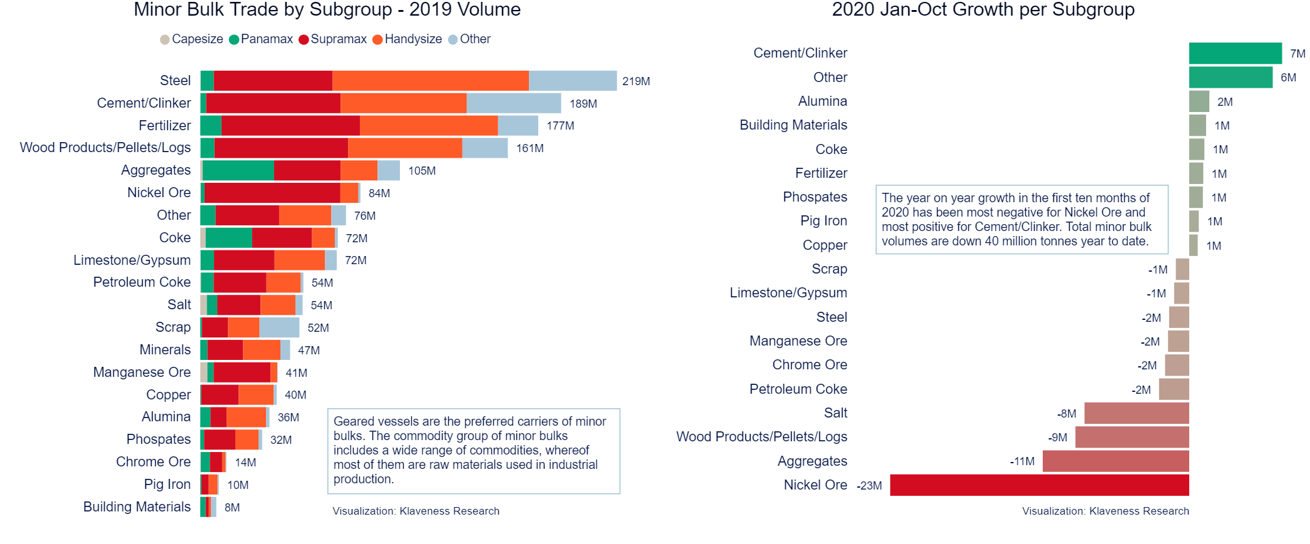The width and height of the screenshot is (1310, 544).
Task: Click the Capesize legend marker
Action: (x=165, y=39)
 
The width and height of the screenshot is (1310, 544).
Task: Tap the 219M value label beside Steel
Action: (x=636, y=81)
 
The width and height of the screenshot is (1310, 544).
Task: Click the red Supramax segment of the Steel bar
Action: (x=273, y=81)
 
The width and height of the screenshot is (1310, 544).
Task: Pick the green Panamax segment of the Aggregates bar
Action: (x=238, y=170)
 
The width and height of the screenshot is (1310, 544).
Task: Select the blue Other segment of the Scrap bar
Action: (x=279, y=327)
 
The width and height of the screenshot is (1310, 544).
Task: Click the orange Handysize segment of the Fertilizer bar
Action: (x=429, y=125)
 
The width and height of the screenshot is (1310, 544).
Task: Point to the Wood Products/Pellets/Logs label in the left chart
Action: (x=105, y=148)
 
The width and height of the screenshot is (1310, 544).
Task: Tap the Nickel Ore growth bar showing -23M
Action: (x=1039, y=485)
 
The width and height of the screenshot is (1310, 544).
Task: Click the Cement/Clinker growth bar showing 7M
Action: (x=1235, y=53)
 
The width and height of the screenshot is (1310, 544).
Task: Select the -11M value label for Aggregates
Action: (x=1022, y=461)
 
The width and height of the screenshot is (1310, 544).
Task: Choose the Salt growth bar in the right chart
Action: (x=1137, y=413)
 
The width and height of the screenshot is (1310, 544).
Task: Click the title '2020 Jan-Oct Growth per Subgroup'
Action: (x=983, y=10)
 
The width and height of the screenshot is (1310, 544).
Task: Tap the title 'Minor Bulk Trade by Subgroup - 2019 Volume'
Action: (x=327, y=10)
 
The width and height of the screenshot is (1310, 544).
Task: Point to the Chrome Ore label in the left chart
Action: (x=153, y=462)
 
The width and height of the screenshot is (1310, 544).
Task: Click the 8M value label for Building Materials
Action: (x=232, y=508)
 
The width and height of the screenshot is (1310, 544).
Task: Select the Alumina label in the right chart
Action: (x=822, y=101)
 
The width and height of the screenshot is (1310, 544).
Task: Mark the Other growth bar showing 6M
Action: (x=1231, y=78)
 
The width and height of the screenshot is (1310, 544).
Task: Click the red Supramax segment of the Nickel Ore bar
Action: (x=272, y=193)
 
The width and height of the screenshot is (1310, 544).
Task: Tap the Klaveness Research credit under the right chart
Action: (x=1105, y=511)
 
